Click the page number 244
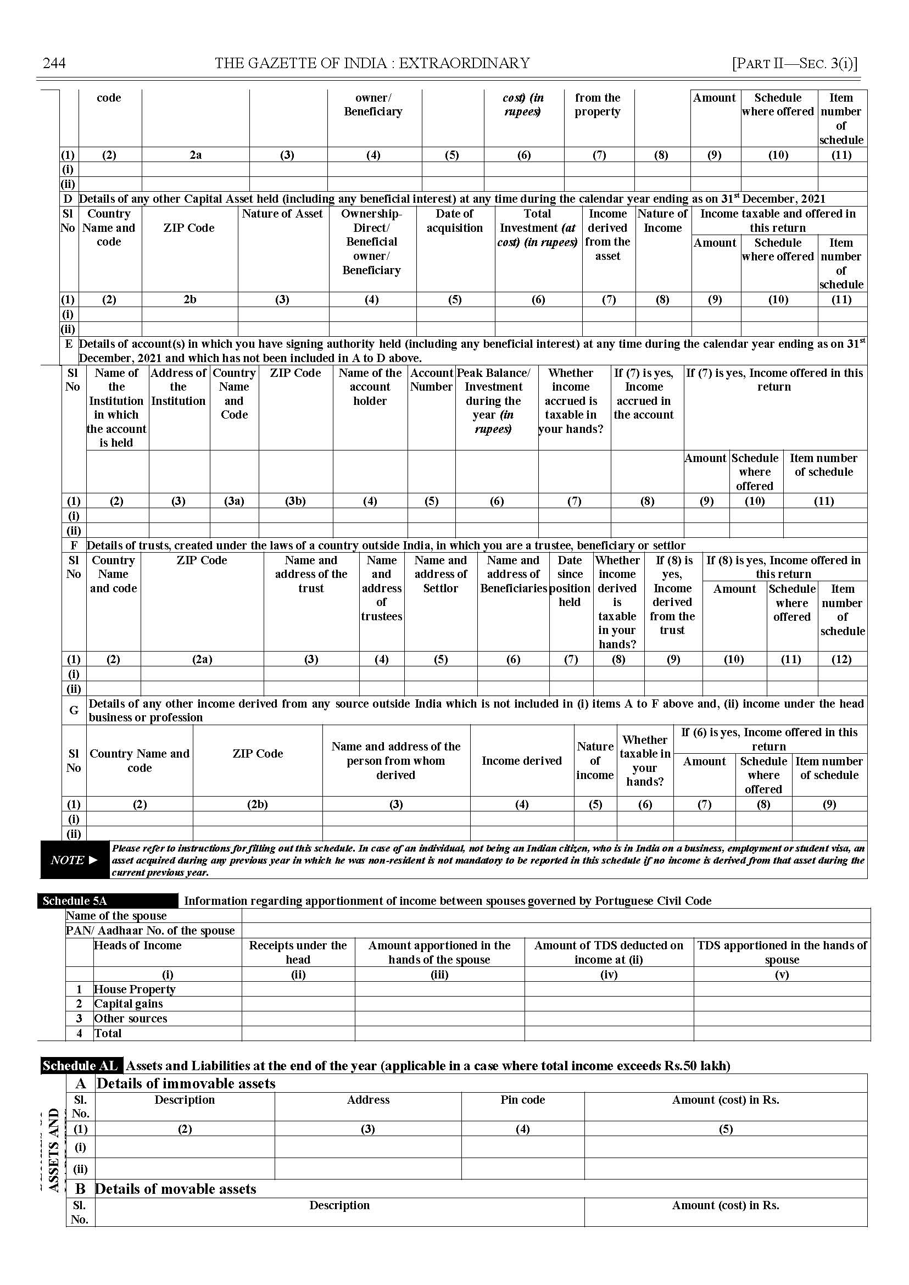[54, 63]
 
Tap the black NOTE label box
[75, 860]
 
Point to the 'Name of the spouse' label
[116, 916]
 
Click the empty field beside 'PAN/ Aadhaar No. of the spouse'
[555, 931]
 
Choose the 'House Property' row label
[135, 989]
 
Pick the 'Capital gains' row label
[128, 1004]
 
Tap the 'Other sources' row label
[130, 1019]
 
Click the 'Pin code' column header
[522, 1100]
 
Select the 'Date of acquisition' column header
[455, 221]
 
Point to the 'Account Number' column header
[431, 380]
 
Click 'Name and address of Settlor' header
[440, 574]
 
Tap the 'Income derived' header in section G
[521, 760]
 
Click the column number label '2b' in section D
[189, 299]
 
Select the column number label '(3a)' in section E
[234, 500]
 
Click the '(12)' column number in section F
[842, 659]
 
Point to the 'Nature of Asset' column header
[283, 213]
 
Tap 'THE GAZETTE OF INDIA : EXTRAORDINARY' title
[372, 63]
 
